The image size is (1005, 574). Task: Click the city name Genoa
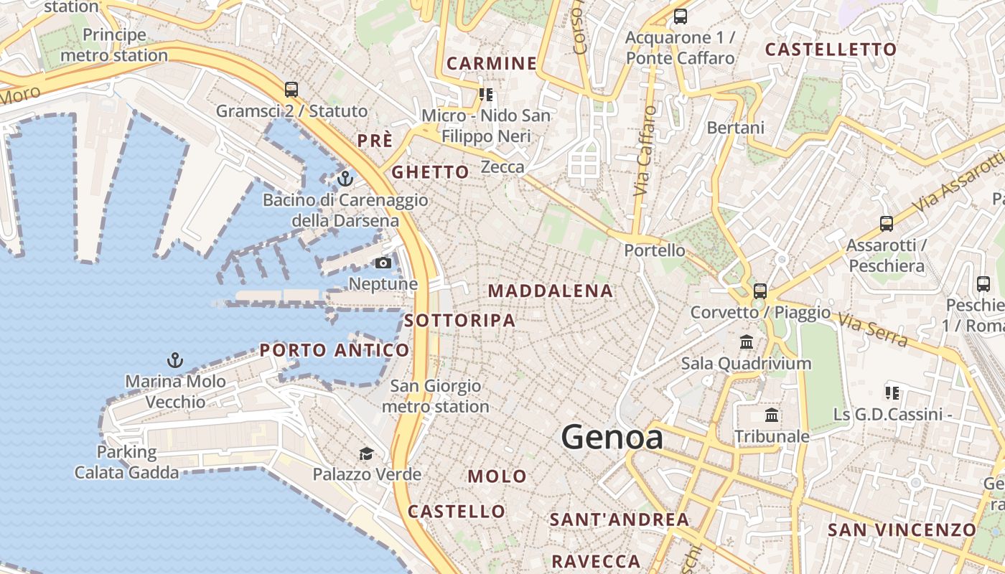(x=612, y=437)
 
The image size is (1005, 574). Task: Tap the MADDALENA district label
(x=551, y=291)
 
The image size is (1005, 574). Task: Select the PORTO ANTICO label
(x=335, y=350)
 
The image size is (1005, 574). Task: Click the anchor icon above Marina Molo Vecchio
(x=174, y=359)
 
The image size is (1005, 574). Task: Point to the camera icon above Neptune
(x=383, y=263)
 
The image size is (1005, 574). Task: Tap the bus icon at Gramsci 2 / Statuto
(x=291, y=90)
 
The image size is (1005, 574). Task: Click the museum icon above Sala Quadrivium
(x=747, y=342)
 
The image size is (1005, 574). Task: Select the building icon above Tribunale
(x=772, y=415)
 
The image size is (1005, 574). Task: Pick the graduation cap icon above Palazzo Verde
(x=367, y=453)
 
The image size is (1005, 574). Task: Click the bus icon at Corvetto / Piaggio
(x=760, y=291)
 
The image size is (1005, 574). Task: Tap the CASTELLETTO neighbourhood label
(x=831, y=50)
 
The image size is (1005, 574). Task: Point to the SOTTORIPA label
(x=459, y=321)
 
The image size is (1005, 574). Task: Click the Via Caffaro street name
(x=644, y=151)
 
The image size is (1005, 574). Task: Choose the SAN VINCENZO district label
(x=902, y=530)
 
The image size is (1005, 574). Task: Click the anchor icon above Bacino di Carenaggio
(x=345, y=178)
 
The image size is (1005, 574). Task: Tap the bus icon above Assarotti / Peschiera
(x=887, y=224)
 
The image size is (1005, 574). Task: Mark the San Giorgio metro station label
(x=435, y=396)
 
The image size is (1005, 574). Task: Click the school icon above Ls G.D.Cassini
(x=892, y=392)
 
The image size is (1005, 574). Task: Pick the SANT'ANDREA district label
(x=619, y=519)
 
